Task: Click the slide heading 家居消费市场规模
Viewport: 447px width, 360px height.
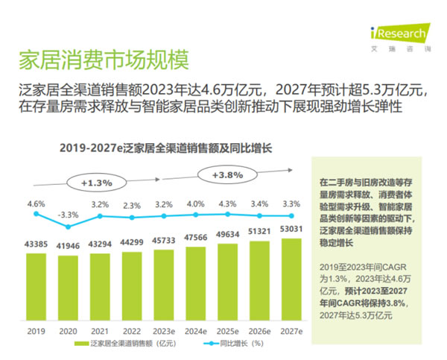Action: click(x=102, y=58)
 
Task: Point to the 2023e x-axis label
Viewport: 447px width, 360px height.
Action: click(x=163, y=330)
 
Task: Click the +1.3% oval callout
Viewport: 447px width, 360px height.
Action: click(x=96, y=182)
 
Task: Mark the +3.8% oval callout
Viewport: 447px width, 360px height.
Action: click(x=227, y=175)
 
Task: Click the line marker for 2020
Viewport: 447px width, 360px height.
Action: click(x=68, y=227)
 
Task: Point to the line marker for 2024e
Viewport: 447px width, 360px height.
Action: click(x=194, y=215)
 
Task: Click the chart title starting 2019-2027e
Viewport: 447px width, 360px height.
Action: click(x=165, y=148)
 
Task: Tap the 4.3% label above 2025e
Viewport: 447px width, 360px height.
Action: click(x=226, y=203)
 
